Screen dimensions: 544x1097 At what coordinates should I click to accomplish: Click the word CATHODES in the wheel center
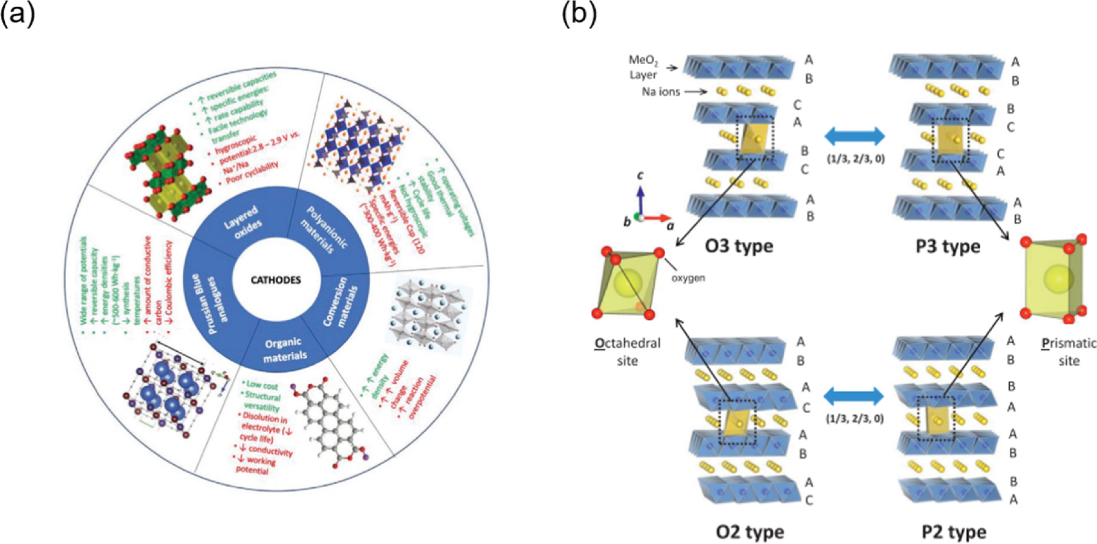(x=276, y=280)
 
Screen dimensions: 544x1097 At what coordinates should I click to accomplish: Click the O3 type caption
(x=738, y=246)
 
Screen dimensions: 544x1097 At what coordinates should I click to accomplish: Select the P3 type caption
(x=948, y=247)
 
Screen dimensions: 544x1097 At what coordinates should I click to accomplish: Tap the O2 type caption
(x=750, y=532)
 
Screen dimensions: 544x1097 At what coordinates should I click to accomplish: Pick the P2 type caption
(x=954, y=532)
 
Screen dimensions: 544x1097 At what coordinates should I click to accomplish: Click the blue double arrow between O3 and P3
(x=854, y=136)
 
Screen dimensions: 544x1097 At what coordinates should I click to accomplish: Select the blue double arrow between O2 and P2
(x=854, y=397)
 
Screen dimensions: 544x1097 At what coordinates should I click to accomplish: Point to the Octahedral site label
(x=628, y=352)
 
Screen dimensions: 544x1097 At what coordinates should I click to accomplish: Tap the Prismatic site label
(x=1069, y=352)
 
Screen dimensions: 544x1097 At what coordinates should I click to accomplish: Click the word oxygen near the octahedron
(x=688, y=278)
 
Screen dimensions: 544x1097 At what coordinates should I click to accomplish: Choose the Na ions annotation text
(x=661, y=92)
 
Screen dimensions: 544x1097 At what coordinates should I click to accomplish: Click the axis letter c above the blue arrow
(x=640, y=175)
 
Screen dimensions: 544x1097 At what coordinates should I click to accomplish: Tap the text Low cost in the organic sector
(x=262, y=385)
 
